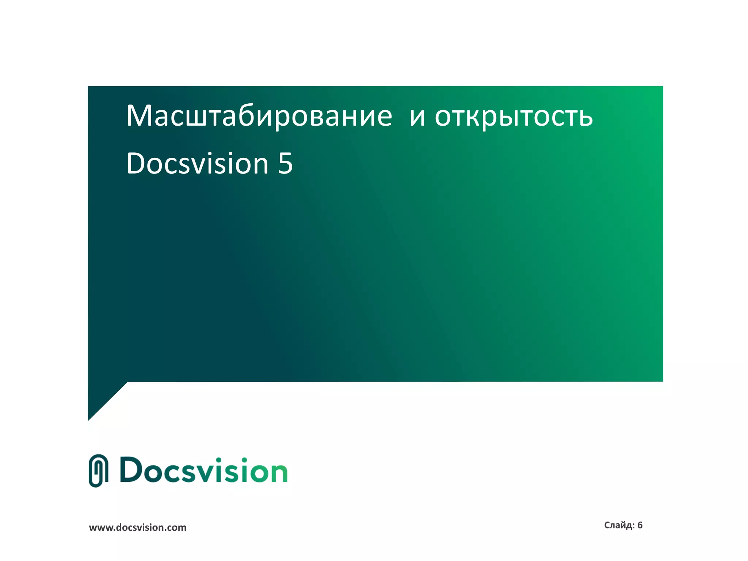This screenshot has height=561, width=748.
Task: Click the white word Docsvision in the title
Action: (x=198, y=164)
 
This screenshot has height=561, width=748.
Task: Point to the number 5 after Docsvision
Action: (x=285, y=164)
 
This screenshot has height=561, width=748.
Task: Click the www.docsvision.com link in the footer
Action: (x=138, y=527)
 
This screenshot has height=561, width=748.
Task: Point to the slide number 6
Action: (x=640, y=525)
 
